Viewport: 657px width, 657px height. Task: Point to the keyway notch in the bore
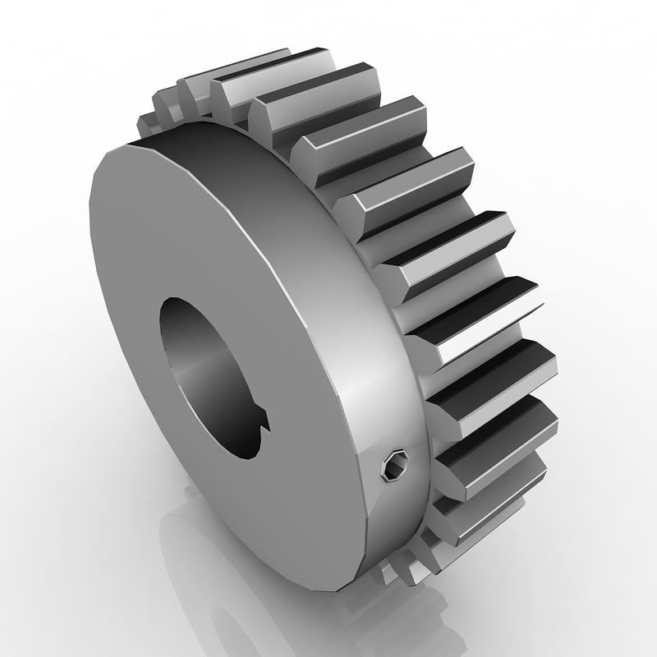coord(261,425)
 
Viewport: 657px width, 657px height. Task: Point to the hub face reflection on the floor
coord(246,591)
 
